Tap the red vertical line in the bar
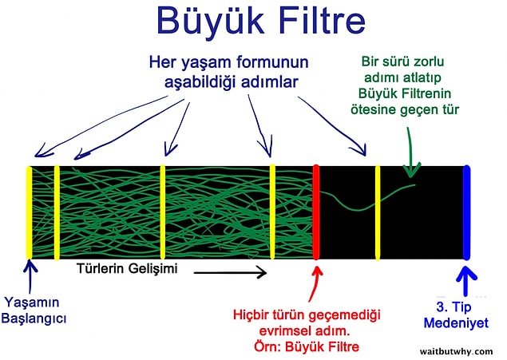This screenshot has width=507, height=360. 316,212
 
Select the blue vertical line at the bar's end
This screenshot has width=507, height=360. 466,212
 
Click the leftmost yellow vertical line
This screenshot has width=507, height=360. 29,212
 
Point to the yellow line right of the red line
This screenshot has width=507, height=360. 378,212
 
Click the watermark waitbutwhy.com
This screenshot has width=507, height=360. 457,351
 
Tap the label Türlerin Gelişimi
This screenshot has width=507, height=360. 127,268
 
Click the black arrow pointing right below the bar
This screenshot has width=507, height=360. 230,273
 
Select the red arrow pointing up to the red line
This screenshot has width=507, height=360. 315,284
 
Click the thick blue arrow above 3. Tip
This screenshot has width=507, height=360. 465,280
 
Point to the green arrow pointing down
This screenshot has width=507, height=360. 410,152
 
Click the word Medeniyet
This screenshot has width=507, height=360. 456,322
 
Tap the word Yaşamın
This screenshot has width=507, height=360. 32,303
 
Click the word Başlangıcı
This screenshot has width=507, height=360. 34,318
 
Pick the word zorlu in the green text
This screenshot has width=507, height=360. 428,61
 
